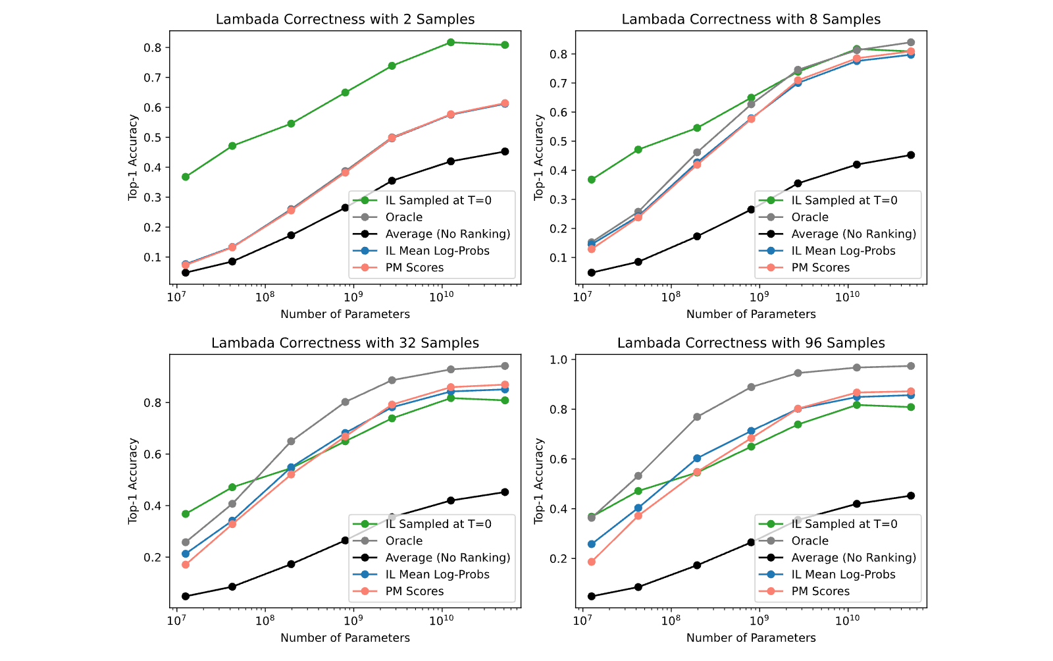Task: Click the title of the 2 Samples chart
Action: click(x=345, y=19)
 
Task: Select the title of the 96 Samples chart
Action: click(x=751, y=343)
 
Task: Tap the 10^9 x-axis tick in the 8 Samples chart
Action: click(x=758, y=297)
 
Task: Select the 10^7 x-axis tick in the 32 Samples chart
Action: click(x=176, y=620)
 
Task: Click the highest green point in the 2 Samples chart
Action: click(x=450, y=42)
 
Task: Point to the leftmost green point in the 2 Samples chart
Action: click(x=186, y=176)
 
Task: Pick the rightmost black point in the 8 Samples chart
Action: click(x=911, y=155)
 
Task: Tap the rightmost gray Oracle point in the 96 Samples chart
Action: click(x=911, y=366)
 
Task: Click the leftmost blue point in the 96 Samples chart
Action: click(x=592, y=544)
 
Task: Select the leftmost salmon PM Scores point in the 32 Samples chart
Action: click(x=186, y=565)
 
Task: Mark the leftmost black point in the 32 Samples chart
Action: click(x=186, y=596)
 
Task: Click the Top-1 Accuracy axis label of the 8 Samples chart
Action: click(x=539, y=157)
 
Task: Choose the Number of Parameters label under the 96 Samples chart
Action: click(x=751, y=638)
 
